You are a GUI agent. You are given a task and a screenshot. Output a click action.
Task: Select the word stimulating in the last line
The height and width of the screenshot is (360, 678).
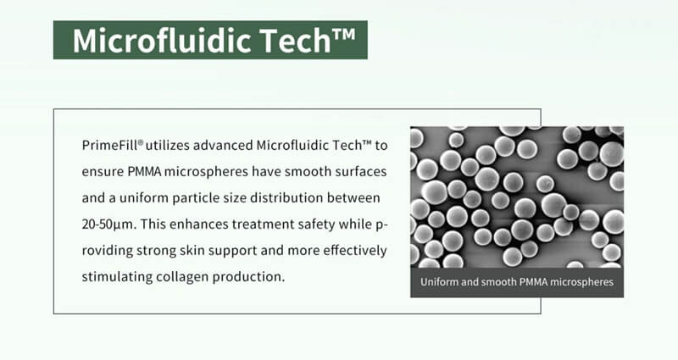pyautogui.click(x=117, y=278)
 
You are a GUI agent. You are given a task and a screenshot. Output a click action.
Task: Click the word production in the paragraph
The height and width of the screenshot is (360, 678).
pyautogui.click(x=255, y=278)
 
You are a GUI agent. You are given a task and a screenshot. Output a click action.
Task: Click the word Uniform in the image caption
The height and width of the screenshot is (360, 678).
pyautogui.click(x=441, y=282)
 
